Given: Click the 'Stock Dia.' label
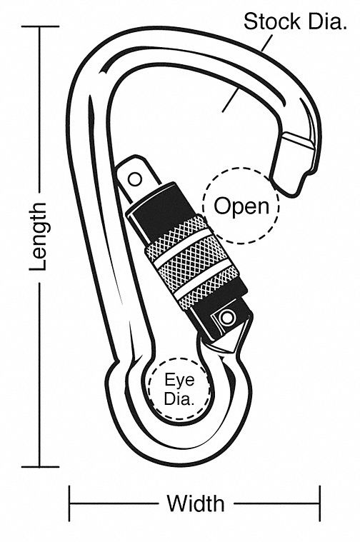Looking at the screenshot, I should point(294,21).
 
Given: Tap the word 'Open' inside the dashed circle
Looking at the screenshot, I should point(242,206).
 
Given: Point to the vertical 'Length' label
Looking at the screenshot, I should point(39,236).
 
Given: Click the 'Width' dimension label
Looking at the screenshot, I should point(195,503).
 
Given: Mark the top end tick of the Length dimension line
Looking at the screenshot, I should point(40,26).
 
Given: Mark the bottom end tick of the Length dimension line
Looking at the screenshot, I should point(40,467).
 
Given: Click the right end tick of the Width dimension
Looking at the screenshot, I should point(319,503).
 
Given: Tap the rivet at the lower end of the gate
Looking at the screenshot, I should point(227,316).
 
